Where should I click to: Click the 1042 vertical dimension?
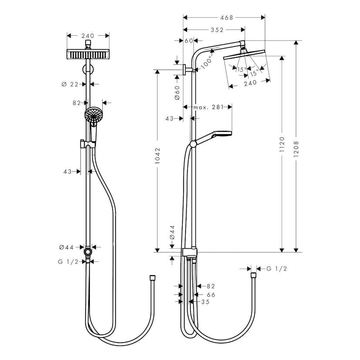coord(157,156)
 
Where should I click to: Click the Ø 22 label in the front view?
coord(71,84)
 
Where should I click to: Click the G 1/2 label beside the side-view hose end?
coord(277,269)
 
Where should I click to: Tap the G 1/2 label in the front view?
coord(68,261)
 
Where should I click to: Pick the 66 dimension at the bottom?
coord(211,294)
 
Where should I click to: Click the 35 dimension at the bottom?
coord(206,302)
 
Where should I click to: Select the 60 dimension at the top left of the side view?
coord(188,40)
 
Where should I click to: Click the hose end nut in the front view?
coord(152,277)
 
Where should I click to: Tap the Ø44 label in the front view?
coord(67,247)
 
